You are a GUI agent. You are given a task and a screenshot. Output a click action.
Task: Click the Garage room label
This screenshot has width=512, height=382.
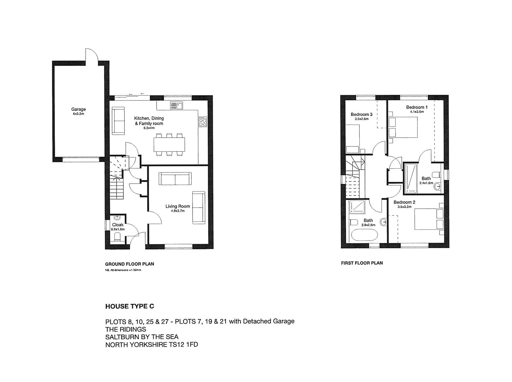78,109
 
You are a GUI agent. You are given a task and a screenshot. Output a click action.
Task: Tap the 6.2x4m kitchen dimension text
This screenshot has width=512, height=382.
149,128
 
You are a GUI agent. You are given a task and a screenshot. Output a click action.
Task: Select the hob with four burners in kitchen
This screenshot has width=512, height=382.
203,122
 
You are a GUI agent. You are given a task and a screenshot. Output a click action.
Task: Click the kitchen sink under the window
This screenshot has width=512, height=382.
176,105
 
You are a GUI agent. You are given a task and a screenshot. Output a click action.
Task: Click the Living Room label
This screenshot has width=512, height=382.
178,206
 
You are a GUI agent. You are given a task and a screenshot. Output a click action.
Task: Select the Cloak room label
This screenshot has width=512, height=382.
118,225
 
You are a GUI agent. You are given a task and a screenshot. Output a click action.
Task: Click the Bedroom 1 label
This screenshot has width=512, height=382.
417,107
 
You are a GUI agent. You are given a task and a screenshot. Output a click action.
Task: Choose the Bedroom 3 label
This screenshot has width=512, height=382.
361,114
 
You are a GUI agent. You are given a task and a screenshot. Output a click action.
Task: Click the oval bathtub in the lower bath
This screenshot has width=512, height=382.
365,235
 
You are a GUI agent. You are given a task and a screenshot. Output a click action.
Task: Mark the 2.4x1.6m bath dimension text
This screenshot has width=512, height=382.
426,183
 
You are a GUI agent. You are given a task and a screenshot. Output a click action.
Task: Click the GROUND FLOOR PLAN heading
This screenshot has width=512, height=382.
129,264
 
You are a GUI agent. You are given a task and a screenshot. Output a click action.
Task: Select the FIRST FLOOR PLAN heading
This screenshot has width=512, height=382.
362,263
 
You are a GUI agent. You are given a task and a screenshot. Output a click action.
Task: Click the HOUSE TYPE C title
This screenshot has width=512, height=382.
130,306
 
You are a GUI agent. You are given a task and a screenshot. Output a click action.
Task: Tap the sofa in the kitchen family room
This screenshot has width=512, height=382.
119,121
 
